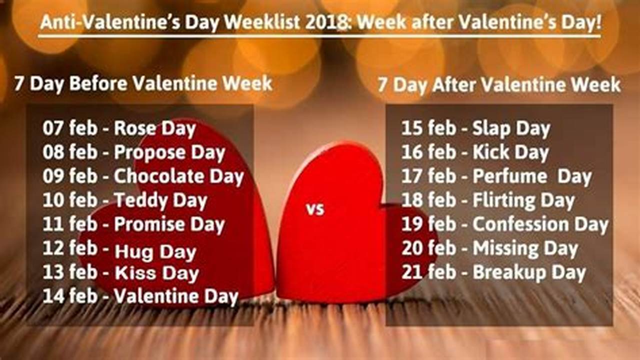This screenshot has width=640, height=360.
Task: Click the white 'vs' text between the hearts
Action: click(315, 209)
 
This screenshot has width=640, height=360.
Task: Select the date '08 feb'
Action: click(69, 152)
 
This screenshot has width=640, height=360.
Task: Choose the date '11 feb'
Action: click(69, 224)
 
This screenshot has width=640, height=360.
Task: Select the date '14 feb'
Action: click(69, 296)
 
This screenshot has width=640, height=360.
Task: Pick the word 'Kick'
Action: click(490, 152)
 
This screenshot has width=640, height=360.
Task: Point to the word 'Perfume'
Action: click(503, 176)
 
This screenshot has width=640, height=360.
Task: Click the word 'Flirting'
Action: click(503, 201)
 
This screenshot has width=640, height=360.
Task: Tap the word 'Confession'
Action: click(520, 224)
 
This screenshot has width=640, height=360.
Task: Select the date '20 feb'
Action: click(428, 248)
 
